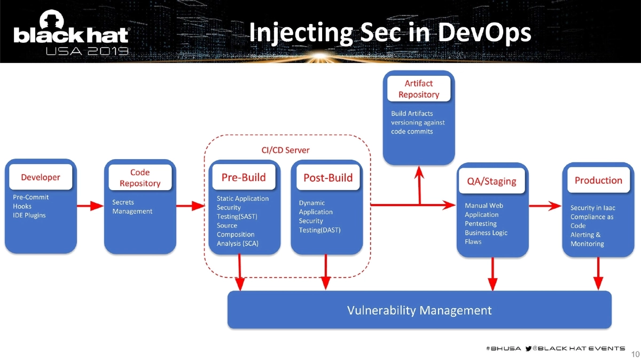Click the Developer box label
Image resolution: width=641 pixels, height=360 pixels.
click(41, 177)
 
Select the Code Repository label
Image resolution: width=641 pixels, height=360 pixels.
click(140, 178)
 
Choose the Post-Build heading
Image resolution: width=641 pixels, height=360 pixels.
click(328, 178)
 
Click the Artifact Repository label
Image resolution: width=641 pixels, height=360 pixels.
click(419, 89)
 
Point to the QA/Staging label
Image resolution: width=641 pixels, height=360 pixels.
click(492, 181)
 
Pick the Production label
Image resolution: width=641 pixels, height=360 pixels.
click(598, 181)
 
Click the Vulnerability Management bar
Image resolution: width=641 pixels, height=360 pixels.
click(419, 310)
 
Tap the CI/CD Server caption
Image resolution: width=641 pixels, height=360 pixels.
click(285, 150)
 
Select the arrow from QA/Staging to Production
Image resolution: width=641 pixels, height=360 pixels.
click(544, 206)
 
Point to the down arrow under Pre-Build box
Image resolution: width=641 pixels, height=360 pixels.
click(240, 272)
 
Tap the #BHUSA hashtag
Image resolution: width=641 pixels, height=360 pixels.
click(503, 348)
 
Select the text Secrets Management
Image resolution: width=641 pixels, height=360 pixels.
click(132, 207)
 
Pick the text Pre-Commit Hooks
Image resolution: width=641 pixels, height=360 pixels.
click(30, 201)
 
